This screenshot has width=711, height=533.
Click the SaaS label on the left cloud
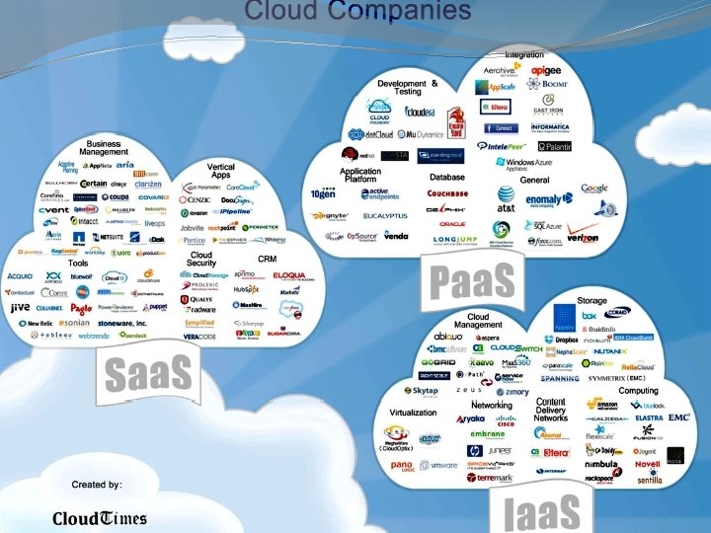[148, 375]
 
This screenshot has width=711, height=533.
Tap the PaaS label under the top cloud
[472, 280]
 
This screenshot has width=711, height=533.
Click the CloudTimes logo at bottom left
[99, 518]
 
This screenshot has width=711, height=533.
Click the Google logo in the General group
[593, 188]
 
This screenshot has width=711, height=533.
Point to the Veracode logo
[199, 336]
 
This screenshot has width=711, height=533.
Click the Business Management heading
[104, 148]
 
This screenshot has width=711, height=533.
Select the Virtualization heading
[413, 413]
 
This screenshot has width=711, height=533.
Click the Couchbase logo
[447, 193]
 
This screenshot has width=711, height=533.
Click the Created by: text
[97, 485]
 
